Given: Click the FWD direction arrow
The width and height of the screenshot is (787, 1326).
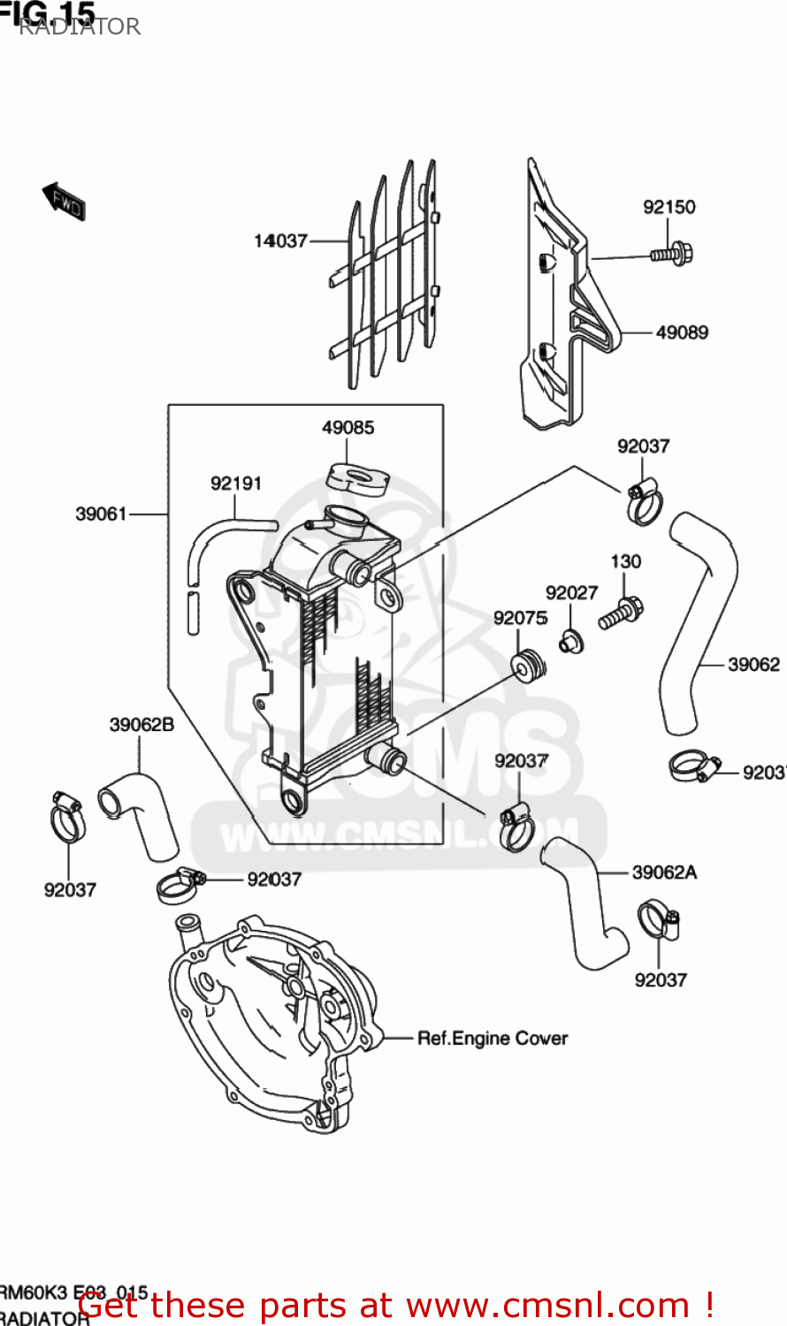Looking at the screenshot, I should point(64,202).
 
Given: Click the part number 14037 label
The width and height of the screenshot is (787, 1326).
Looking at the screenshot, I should point(280,240).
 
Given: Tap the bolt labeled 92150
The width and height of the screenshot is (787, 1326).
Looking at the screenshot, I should point(673,254).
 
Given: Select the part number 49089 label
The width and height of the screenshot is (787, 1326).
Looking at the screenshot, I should point(682,332).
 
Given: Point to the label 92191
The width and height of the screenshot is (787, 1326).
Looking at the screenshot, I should point(236,484).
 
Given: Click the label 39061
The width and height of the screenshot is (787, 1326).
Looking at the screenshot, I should point(101,514).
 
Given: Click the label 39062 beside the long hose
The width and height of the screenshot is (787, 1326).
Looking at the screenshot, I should point(753,664).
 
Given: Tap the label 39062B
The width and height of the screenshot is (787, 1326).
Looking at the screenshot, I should point(141,725).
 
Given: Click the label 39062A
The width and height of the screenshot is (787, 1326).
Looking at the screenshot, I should point(664,873).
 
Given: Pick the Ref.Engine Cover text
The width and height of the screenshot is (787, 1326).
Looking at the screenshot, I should point(493,1039).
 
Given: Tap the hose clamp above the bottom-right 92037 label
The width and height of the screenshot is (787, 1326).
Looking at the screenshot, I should point(660,920).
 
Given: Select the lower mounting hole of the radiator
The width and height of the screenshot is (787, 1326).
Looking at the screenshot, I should point(292,801).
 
